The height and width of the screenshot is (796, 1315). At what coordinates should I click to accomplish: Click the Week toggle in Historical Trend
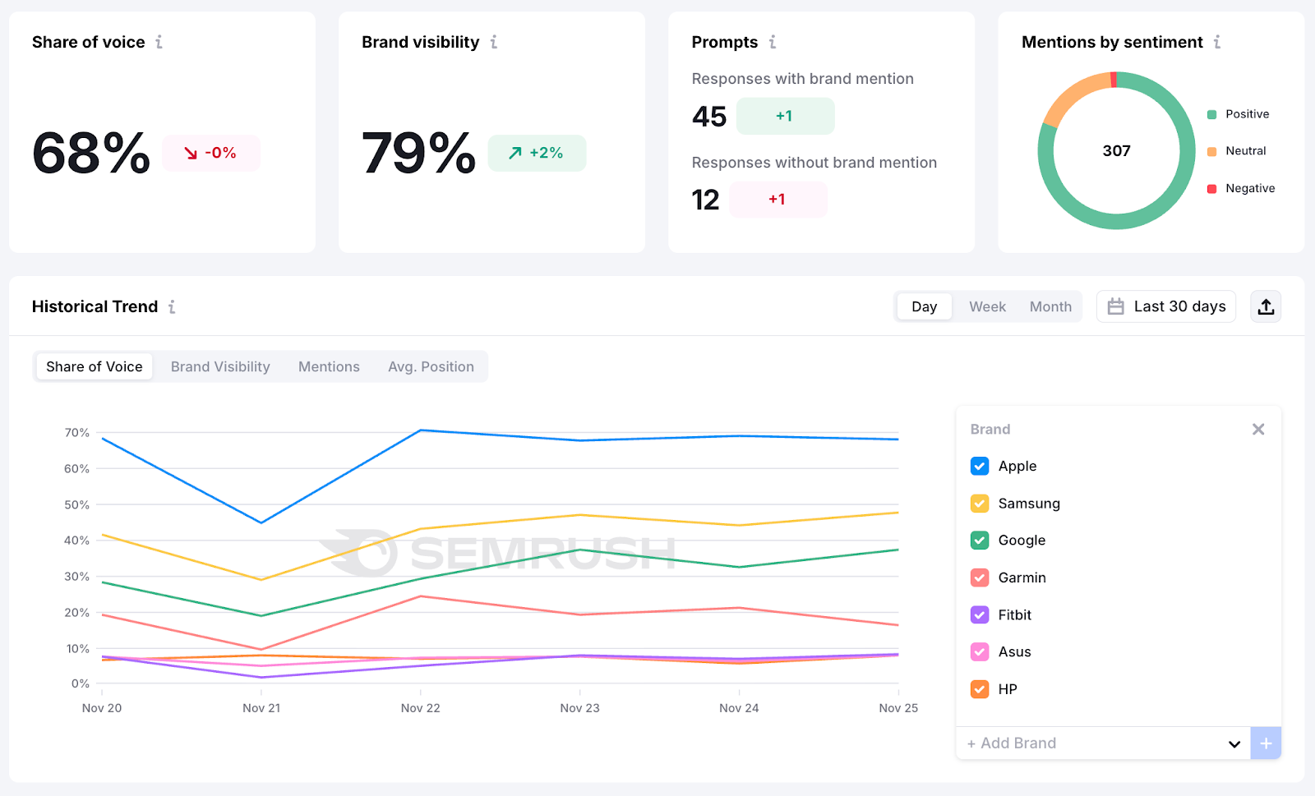click(x=987, y=306)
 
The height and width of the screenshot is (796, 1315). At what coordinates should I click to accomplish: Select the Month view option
click(x=1050, y=306)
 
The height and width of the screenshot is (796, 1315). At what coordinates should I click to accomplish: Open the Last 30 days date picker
click(x=1166, y=306)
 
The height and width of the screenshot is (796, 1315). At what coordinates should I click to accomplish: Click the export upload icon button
click(x=1266, y=306)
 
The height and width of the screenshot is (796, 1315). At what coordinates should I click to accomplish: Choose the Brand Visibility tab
click(x=220, y=366)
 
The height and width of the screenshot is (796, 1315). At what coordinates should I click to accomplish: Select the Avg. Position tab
click(x=431, y=366)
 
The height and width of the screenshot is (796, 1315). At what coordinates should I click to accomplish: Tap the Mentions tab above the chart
click(x=329, y=366)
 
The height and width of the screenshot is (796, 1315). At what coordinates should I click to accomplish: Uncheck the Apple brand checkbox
click(x=980, y=466)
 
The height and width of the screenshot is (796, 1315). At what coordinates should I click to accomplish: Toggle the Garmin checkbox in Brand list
click(x=980, y=577)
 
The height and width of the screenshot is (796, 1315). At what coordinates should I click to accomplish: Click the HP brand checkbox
click(x=980, y=689)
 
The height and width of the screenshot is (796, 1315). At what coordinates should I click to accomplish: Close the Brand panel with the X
click(x=1258, y=429)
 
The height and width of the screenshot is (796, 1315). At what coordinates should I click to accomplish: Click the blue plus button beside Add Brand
click(x=1266, y=743)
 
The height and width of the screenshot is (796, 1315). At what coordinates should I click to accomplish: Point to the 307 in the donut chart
click(x=1116, y=150)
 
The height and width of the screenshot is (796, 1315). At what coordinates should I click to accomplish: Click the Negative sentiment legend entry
click(x=1241, y=188)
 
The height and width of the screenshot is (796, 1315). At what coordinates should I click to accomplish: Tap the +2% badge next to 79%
click(x=537, y=153)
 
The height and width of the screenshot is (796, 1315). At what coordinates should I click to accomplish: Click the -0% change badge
click(x=211, y=153)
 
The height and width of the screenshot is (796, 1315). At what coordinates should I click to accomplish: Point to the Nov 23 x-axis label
click(x=579, y=708)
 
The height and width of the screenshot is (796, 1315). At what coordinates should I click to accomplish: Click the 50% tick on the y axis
click(x=76, y=504)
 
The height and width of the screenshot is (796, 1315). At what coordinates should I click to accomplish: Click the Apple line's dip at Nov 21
click(x=261, y=522)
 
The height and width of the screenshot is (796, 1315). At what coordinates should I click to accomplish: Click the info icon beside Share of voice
click(x=159, y=42)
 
